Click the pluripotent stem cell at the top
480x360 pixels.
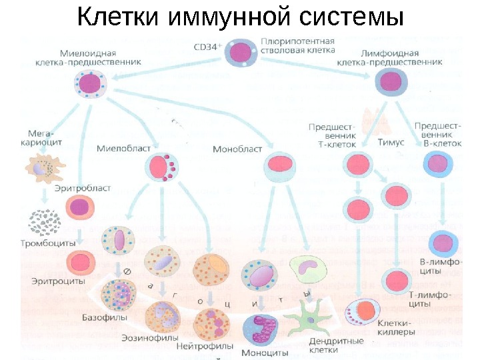[240, 53]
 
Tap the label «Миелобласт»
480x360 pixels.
[123, 147]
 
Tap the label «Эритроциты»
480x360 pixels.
[59, 281]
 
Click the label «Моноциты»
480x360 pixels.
[265, 353]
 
